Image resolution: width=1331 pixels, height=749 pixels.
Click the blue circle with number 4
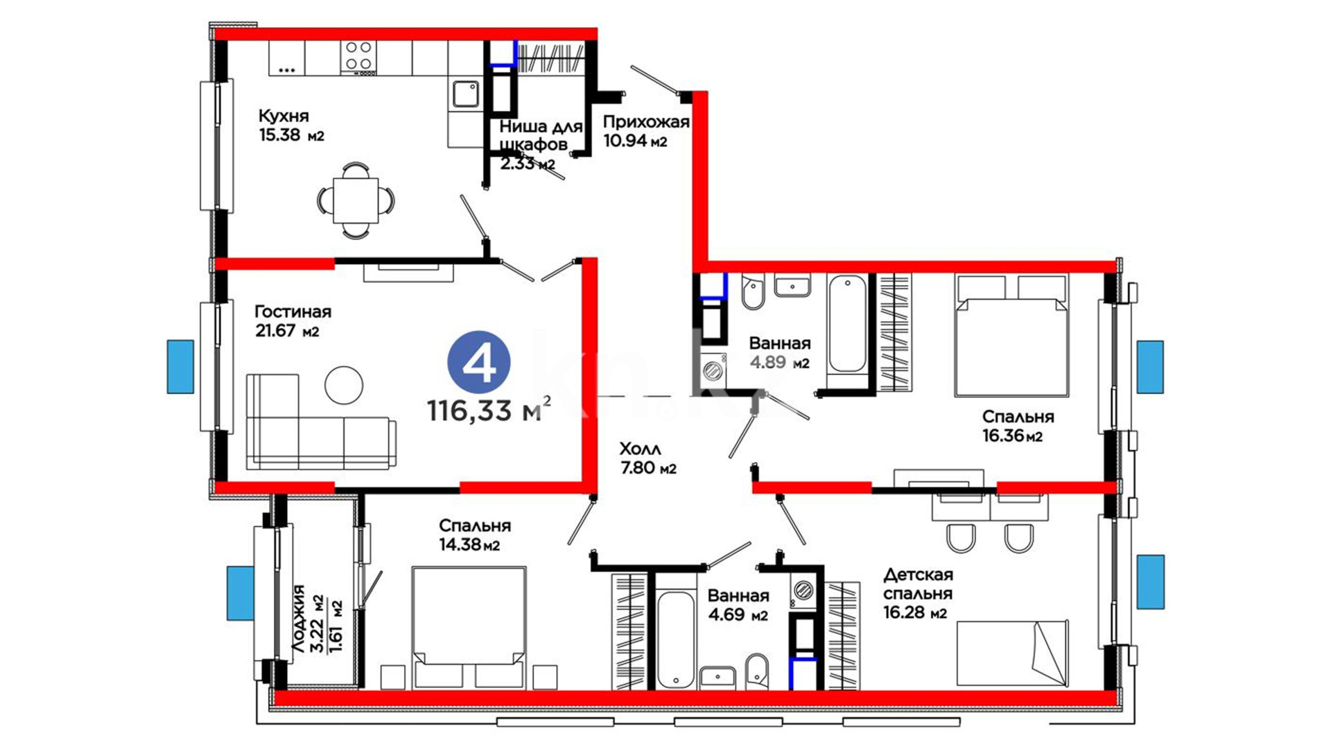point(479,362)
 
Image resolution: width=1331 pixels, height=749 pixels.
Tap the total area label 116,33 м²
point(489,410)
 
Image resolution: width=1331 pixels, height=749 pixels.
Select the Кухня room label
point(284,116)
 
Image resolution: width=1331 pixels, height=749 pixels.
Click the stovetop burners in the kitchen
point(358,57)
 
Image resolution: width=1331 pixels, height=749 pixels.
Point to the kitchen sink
point(465,94)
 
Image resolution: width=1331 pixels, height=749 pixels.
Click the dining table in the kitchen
point(356,200)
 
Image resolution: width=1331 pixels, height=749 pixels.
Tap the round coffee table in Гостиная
point(344,385)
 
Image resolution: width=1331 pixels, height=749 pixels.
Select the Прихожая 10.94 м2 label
point(645,131)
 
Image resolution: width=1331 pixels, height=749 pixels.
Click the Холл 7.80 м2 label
point(648,458)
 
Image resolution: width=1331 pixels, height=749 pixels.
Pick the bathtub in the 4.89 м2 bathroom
point(847,325)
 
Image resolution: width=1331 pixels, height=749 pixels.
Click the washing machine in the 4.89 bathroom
point(713,370)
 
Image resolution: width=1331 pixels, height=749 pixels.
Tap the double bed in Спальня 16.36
point(1011,336)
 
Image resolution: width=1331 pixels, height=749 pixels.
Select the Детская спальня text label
point(918,584)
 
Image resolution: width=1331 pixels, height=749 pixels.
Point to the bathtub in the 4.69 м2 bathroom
point(675,639)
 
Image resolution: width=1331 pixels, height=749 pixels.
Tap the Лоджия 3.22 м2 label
point(307,618)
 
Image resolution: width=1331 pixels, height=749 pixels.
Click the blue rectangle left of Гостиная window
point(180,367)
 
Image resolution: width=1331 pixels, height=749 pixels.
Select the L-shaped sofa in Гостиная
point(321,422)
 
